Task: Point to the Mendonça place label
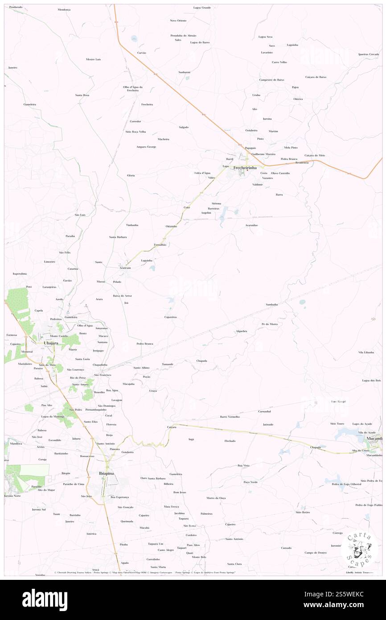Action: pyautogui.click(x=64, y=9)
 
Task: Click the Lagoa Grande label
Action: pyautogui.click(x=202, y=8)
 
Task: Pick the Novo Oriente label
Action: pyautogui.click(x=178, y=21)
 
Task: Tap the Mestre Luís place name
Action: pyautogui.click(x=94, y=59)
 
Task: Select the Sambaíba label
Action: pyautogui.click(x=272, y=304)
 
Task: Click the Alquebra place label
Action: pyautogui.click(x=241, y=331)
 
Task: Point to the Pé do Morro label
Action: pyautogui.click(x=270, y=324)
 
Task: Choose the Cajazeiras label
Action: pyautogui.click(x=171, y=317)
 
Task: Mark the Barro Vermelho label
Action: pyautogui.click(x=230, y=417)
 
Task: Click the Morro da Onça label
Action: pyautogui.click(x=216, y=498)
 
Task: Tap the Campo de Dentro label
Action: pyautogui.click(x=316, y=552)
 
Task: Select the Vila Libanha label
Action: pyautogui.click(x=366, y=352)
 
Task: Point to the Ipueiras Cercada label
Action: pyautogui.click(x=368, y=54)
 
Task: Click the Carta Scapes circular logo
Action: pyautogui.click(x=359, y=548)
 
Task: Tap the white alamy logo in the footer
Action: pyautogui.click(x=45, y=600)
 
